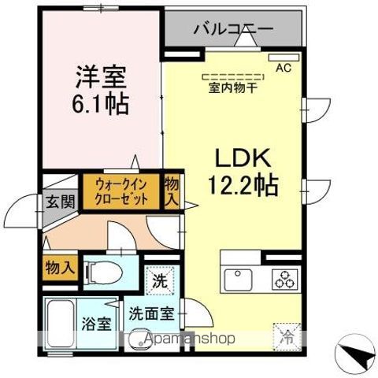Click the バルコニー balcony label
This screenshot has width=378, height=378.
pyautogui.click(x=233, y=30)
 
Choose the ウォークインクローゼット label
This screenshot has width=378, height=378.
pyautogui.click(x=121, y=192)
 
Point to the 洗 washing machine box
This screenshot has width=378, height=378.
pyautogui.click(x=160, y=280)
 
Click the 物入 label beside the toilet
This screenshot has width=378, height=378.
pyautogui.click(x=59, y=267)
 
